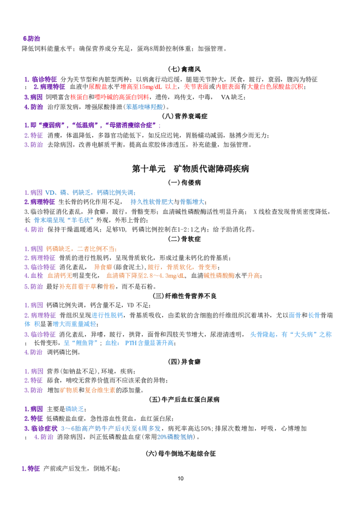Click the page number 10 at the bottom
click(180, 478)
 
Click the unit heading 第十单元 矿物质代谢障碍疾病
click(190, 169)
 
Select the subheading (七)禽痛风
click(184, 69)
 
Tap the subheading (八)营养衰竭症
click(184, 116)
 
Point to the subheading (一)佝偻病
click(184, 182)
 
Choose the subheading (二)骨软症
click(184, 239)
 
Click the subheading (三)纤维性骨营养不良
click(184, 296)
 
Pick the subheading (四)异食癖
click(184, 362)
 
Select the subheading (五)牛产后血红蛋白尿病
click(184, 399)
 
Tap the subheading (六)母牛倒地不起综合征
click(181, 454)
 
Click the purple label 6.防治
click(31, 39)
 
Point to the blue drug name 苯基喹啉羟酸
click(145, 107)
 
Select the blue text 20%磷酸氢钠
click(175, 437)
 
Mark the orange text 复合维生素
click(100, 390)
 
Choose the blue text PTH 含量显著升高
click(149, 343)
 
